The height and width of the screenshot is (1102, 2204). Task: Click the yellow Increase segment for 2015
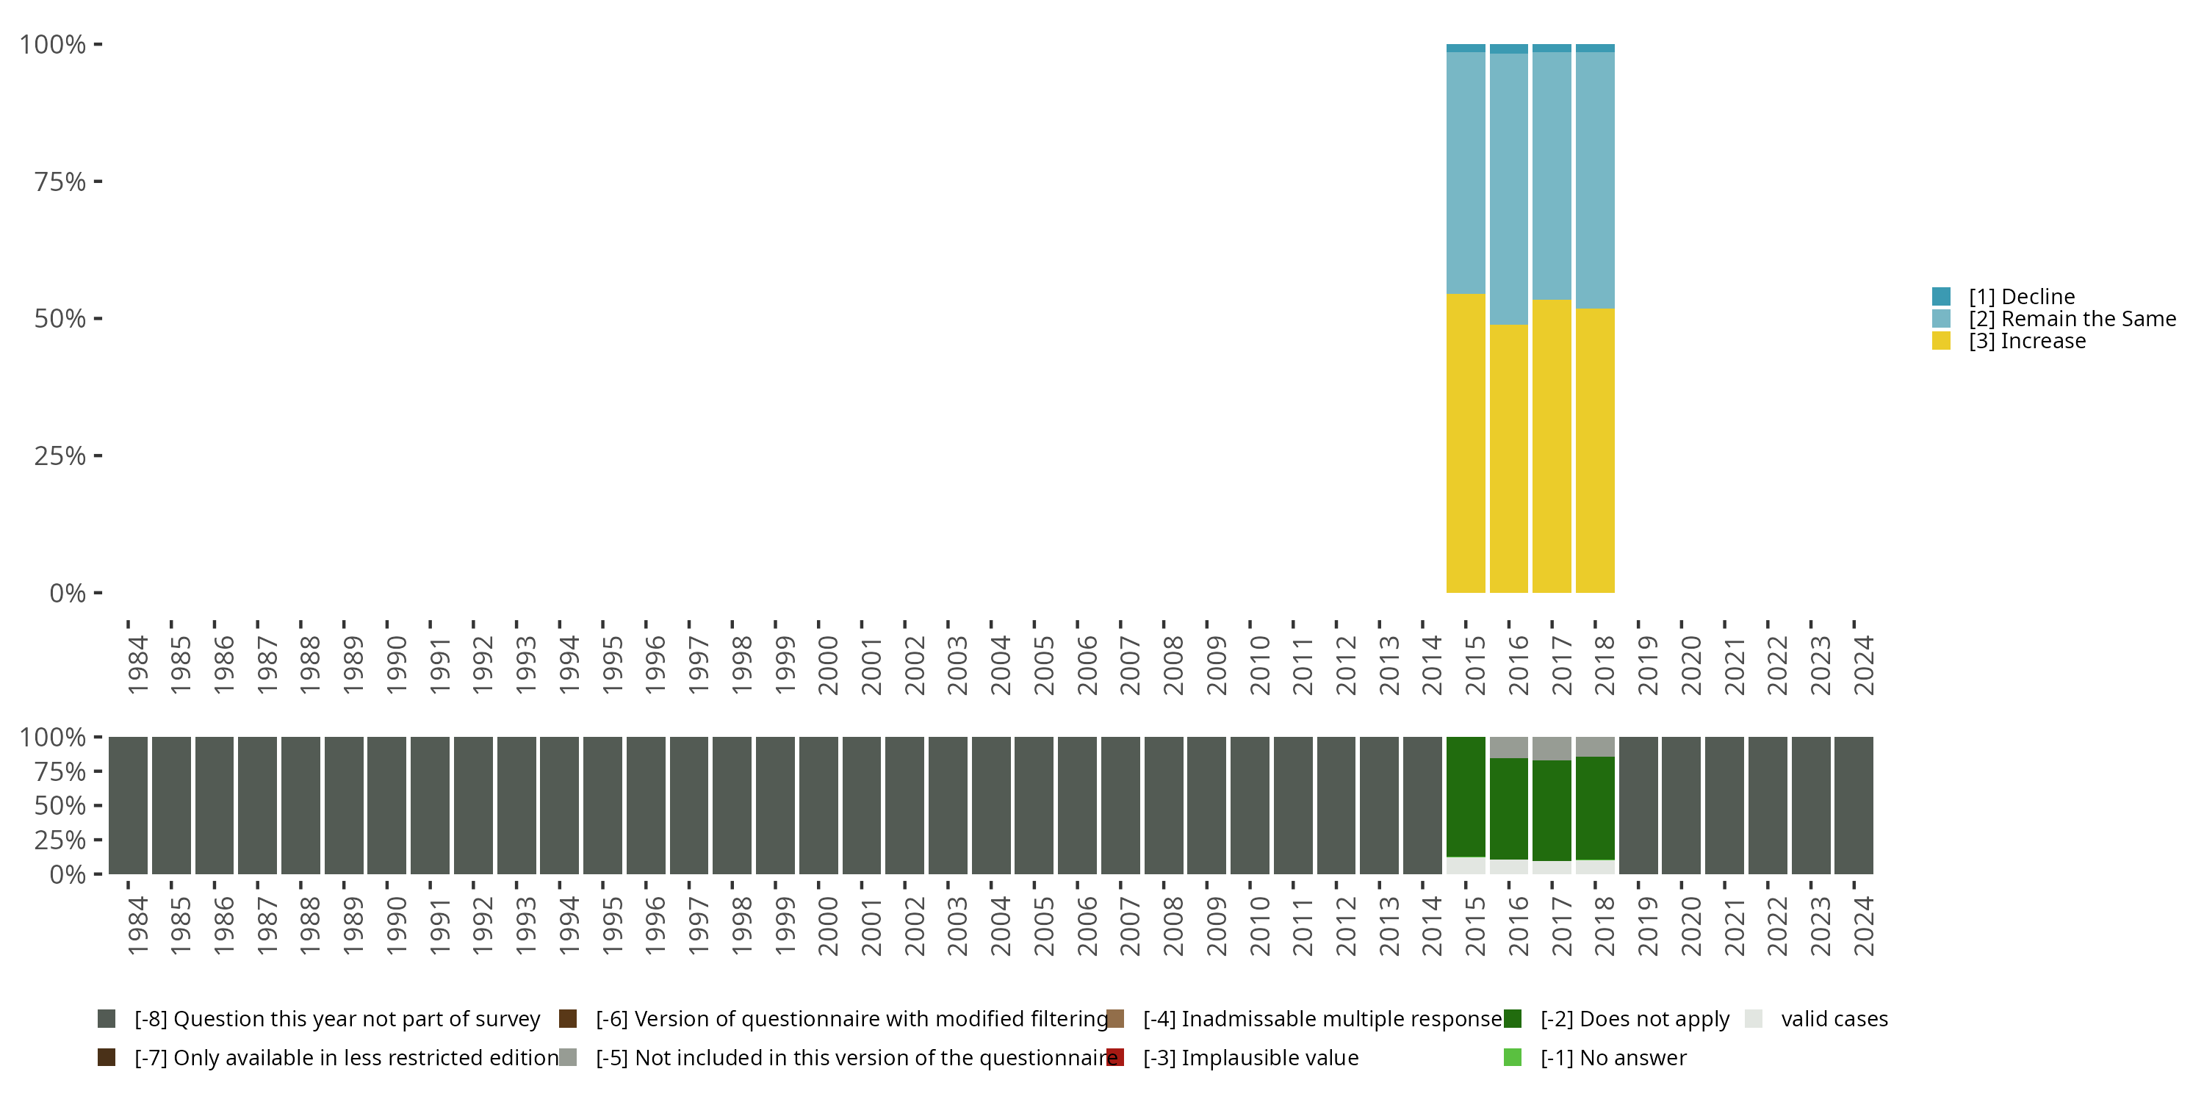click(x=1466, y=443)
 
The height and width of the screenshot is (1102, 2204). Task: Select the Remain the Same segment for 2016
click(x=1508, y=189)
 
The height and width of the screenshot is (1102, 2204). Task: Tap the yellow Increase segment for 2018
click(x=1595, y=450)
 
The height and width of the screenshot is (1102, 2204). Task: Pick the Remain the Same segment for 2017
click(x=1551, y=176)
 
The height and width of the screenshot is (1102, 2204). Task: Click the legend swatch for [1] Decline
click(x=1941, y=297)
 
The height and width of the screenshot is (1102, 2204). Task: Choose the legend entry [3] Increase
click(x=2027, y=342)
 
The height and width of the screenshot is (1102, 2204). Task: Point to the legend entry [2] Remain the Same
click(x=2071, y=319)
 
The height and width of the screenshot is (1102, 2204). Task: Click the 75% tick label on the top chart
click(x=60, y=181)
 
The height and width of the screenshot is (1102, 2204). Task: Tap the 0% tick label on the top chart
click(x=68, y=593)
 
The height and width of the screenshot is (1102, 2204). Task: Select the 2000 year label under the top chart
click(x=827, y=666)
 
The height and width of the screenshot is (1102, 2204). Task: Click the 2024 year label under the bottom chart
click(x=1862, y=926)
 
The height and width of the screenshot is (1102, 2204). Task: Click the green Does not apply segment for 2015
click(x=1466, y=796)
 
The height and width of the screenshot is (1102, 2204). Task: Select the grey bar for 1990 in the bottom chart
click(x=386, y=805)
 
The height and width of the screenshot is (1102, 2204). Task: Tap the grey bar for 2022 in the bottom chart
click(x=1767, y=805)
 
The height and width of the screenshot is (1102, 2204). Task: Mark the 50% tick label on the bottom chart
click(x=60, y=806)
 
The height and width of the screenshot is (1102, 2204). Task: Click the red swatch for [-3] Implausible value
click(x=1114, y=1057)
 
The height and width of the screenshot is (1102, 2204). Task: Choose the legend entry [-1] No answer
click(x=1613, y=1057)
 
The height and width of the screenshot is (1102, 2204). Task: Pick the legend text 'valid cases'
click(x=1834, y=1019)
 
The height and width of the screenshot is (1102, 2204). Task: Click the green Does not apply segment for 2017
click(x=1551, y=810)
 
